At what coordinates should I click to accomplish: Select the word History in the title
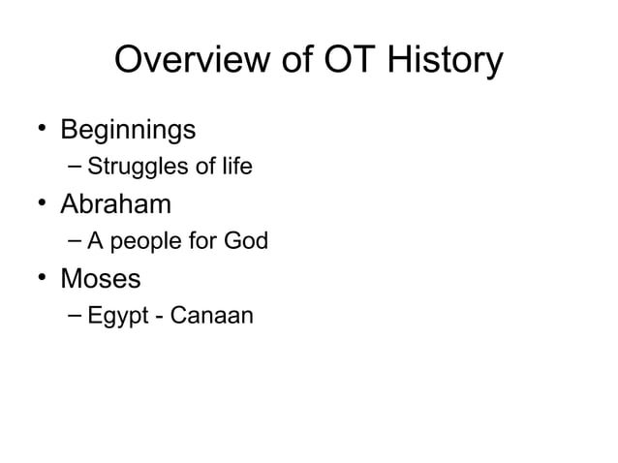pos(446,61)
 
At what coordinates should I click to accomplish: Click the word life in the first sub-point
pos(232,167)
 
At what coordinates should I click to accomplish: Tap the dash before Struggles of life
pos(76,167)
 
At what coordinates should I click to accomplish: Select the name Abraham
pos(116,204)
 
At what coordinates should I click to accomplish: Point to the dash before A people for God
pos(76,240)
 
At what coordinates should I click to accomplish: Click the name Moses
pos(101,279)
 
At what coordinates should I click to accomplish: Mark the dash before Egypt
pos(76,315)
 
